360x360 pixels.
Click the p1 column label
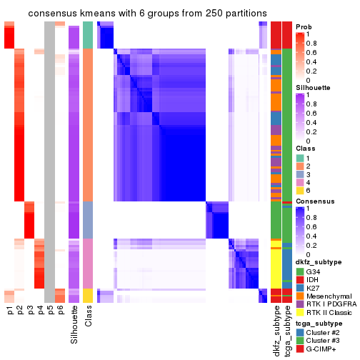[x=10, y=311]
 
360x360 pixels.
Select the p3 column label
[x=30, y=311]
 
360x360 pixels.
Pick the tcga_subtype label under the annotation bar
[x=287, y=328]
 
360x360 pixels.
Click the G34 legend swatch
[x=300, y=271]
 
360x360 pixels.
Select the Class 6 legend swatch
[x=300, y=191]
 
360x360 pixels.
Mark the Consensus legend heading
[x=315, y=202]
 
